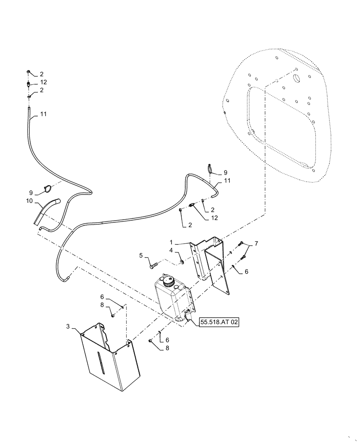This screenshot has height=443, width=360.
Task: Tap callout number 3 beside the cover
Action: point(68,326)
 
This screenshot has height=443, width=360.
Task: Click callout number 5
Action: point(141,255)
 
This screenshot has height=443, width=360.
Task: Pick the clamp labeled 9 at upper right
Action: point(210,168)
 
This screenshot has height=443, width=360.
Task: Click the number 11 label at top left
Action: point(43,114)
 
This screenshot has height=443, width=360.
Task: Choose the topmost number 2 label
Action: point(42,74)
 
